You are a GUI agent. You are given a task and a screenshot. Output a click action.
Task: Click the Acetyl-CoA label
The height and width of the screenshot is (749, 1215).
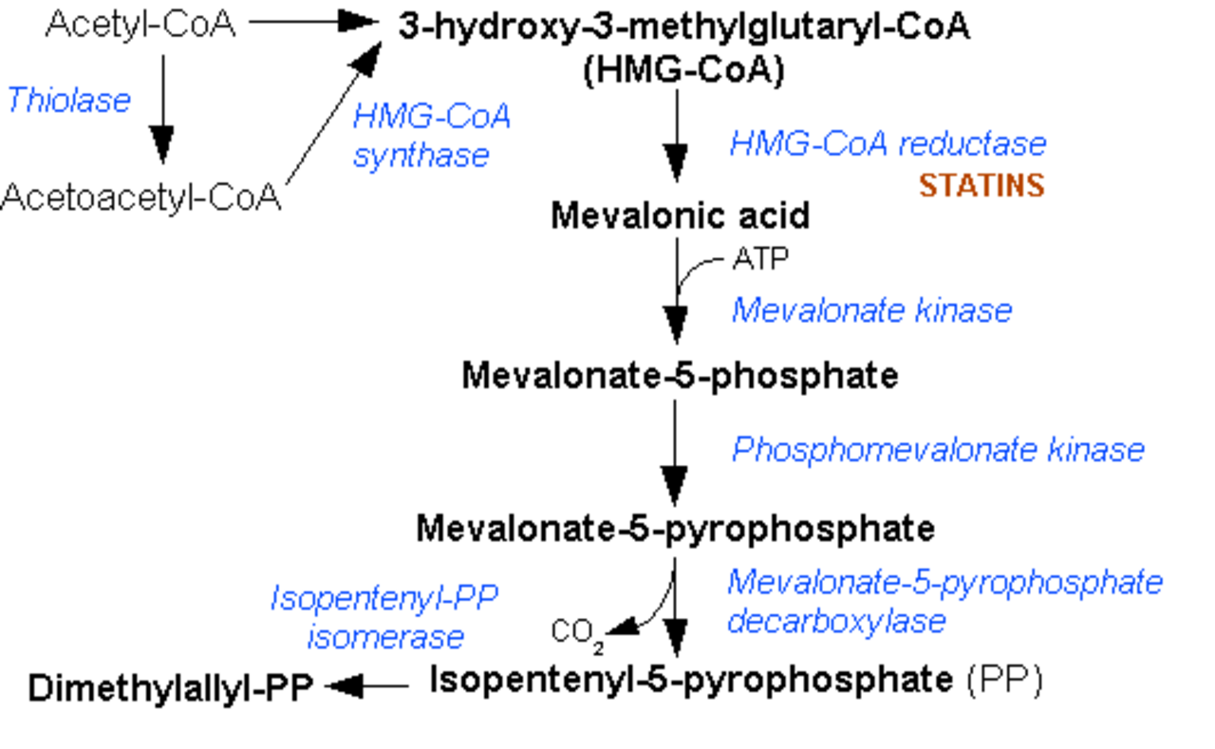(141, 25)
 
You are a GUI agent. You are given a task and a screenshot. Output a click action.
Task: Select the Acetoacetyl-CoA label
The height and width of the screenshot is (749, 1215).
(141, 197)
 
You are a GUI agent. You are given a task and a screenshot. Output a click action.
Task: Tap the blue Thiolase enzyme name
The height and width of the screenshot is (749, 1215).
(69, 101)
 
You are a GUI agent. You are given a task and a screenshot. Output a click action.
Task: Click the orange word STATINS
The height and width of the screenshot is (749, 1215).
(981, 185)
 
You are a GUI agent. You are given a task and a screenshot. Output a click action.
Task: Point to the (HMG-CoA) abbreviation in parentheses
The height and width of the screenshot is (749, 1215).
(684, 71)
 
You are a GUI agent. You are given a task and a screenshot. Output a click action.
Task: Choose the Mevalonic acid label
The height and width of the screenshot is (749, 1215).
(681, 215)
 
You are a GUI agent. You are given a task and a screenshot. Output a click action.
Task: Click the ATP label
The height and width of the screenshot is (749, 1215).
(760, 259)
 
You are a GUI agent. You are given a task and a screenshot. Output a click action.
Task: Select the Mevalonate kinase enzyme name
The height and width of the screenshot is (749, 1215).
(872, 310)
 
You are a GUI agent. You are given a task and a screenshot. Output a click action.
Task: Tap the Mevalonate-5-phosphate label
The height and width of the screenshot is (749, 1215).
(681, 375)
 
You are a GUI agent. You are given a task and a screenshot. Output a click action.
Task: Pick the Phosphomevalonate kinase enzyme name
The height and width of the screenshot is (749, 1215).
(939, 450)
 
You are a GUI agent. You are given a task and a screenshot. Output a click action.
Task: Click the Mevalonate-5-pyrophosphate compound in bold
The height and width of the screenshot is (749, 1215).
(676, 528)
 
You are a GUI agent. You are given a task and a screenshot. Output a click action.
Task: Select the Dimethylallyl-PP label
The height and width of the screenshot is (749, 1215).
(171, 687)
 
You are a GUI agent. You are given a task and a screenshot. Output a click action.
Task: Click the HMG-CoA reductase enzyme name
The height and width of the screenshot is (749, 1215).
(888, 144)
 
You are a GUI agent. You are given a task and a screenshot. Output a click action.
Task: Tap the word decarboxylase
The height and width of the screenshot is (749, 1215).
(837, 622)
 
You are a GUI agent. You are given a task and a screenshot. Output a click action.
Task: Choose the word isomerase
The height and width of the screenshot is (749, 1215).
(385, 637)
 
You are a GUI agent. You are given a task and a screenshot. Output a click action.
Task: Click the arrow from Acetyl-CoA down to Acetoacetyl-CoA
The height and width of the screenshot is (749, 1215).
(162, 109)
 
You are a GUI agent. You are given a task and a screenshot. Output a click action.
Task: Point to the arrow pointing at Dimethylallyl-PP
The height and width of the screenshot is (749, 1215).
(367, 686)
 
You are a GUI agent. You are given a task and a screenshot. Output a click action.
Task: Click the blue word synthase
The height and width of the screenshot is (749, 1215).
(421, 157)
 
